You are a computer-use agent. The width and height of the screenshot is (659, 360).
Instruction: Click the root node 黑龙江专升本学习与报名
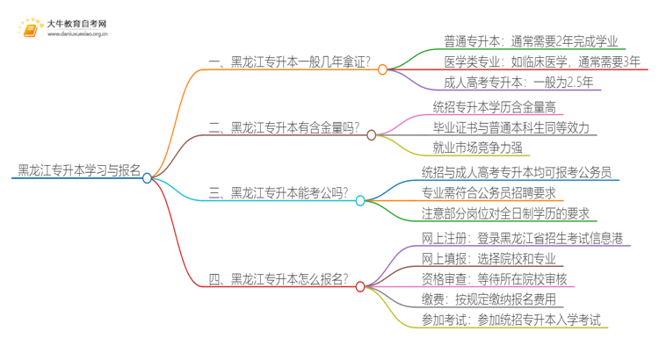[x=78, y=169]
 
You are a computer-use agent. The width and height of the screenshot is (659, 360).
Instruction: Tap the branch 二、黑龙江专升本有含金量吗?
[x=284, y=128]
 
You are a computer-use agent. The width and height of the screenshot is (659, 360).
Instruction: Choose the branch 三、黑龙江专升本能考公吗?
[x=278, y=193]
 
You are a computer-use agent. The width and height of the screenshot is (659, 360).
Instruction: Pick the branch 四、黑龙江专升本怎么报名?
[x=278, y=280]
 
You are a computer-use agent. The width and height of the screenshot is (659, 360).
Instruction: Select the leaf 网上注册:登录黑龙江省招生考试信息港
[x=525, y=238]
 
